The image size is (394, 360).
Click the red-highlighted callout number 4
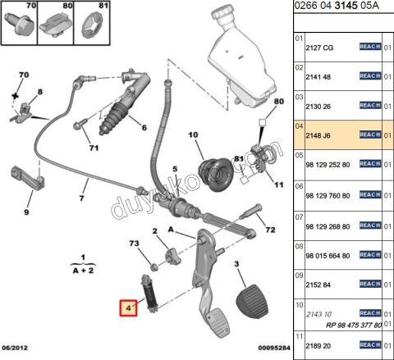pos(127,309)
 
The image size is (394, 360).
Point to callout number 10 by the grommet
pos(194,134)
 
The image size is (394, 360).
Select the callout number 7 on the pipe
pos(81,198)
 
